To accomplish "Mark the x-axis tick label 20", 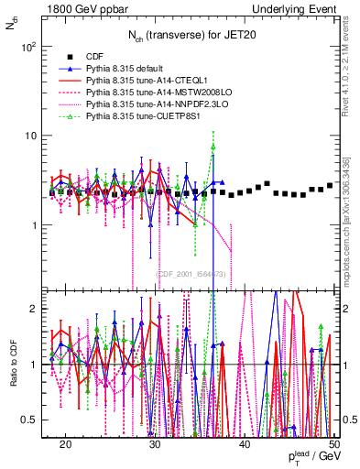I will tap(65, 442).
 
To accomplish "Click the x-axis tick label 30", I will tap(155, 442).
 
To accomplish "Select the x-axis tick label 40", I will tap(245, 442).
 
